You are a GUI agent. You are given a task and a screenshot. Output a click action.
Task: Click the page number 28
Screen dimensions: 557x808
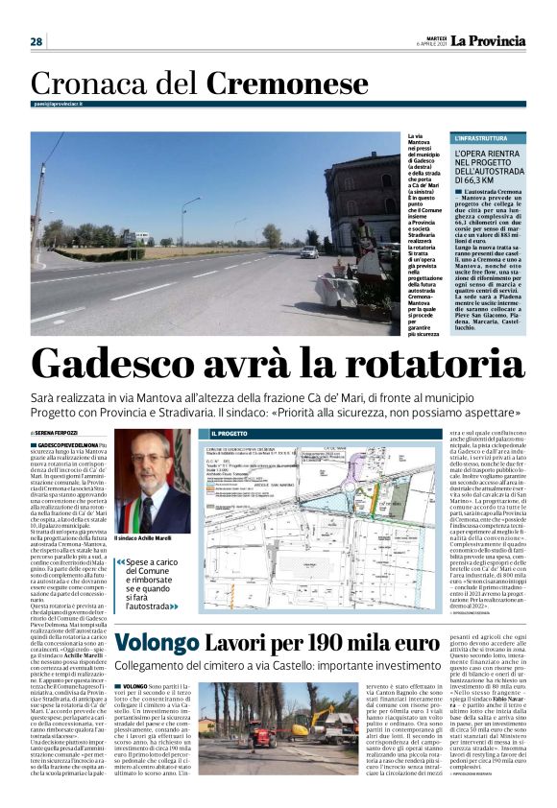tap(36, 41)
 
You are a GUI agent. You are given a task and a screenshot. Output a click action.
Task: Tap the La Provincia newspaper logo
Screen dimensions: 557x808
tap(490, 40)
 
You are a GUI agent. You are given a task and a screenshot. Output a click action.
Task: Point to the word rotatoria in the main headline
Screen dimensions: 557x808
tap(431, 365)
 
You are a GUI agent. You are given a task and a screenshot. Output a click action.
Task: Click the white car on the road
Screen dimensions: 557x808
tap(309, 251)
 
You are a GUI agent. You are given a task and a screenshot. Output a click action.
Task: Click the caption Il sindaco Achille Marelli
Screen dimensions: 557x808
tap(150, 538)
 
